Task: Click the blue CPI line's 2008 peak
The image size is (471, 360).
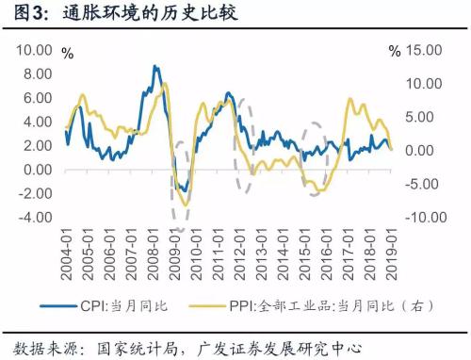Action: click(155, 67)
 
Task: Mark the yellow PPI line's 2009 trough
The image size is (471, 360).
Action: click(185, 205)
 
